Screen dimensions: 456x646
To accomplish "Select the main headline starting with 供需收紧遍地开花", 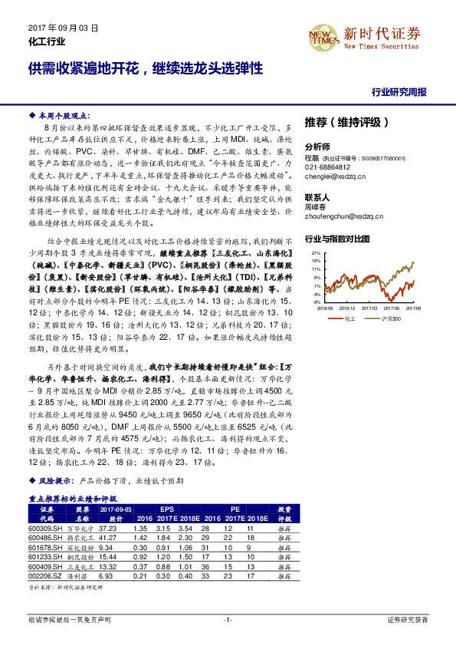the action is click(145, 68).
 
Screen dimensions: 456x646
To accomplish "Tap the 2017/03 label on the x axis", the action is click(370, 307).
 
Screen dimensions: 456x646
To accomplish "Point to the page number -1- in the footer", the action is click(228, 618).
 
